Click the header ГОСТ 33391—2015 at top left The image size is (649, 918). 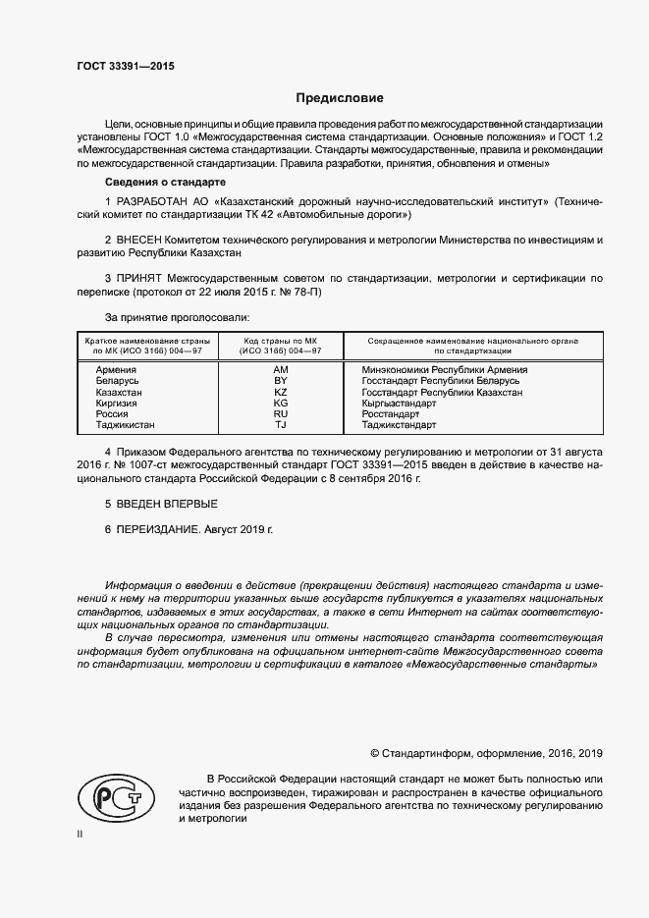pyautogui.click(x=126, y=66)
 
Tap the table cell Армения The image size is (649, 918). pyautogui.click(x=116, y=370)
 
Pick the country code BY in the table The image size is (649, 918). pyautogui.click(x=280, y=381)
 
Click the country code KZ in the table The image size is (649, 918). pyautogui.click(x=280, y=392)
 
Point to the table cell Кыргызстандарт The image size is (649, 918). pyautogui.click(x=399, y=403)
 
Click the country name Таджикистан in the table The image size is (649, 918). pyautogui.click(x=125, y=425)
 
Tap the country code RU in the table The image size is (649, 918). pyautogui.click(x=280, y=414)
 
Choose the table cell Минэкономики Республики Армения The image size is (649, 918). pyautogui.click(x=444, y=370)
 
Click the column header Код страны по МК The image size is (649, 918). pyautogui.click(x=280, y=340)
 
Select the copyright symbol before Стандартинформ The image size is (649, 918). pyautogui.click(x=374, y=753)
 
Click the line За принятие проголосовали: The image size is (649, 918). pyautogui.click(x=177, y=317)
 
